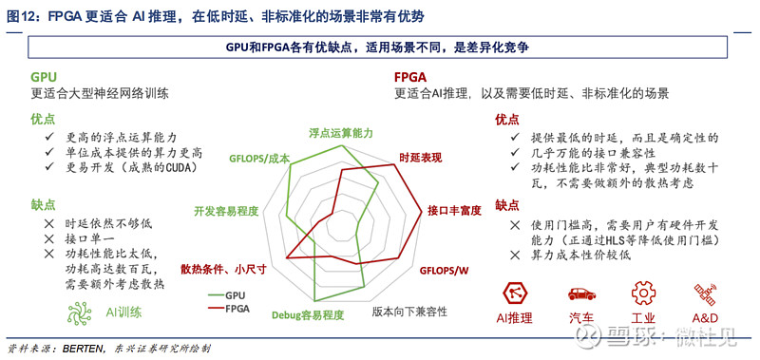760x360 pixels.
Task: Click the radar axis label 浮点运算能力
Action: (341, 134)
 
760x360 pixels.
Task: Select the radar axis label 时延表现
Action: (422, 158)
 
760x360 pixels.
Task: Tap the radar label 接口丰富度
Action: (453, 210)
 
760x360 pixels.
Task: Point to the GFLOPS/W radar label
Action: (446, 271)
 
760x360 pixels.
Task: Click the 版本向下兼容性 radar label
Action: (408, 311)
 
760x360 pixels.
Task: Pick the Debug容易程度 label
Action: (307, 314)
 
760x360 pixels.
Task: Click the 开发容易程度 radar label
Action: (226, 211)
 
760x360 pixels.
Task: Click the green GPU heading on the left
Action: (44, 76)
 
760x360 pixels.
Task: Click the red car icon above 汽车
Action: (580, 292)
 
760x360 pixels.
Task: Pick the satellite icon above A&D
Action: (704, 291)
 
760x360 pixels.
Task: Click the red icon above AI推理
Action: (514, 291)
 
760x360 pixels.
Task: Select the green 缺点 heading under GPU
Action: (43, 203)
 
